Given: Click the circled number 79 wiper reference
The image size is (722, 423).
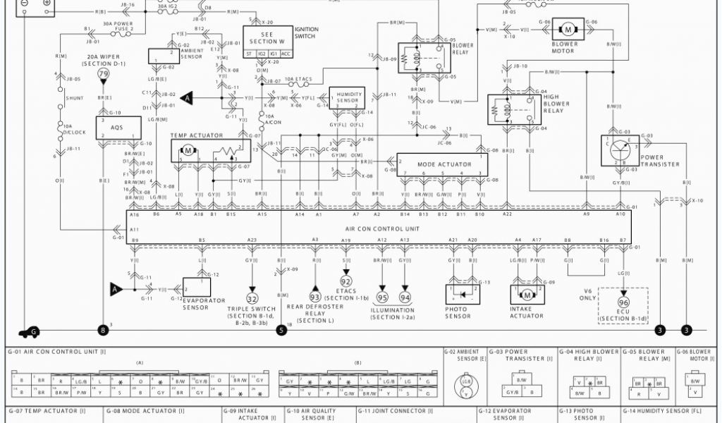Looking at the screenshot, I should point(104,74).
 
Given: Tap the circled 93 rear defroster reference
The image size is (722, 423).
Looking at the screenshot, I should point(315,297).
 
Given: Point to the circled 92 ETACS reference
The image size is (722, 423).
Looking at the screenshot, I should point(346,281).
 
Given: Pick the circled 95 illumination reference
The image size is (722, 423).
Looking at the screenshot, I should point(383,297).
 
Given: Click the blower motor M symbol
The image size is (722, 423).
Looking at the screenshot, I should point(567,29).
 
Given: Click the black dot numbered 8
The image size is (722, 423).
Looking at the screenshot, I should point(104,329).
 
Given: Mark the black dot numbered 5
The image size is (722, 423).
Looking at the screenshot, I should point(281,329).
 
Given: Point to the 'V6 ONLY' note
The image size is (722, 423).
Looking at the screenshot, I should point(587,294).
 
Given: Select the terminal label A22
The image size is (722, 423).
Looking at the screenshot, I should point(507,214).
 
